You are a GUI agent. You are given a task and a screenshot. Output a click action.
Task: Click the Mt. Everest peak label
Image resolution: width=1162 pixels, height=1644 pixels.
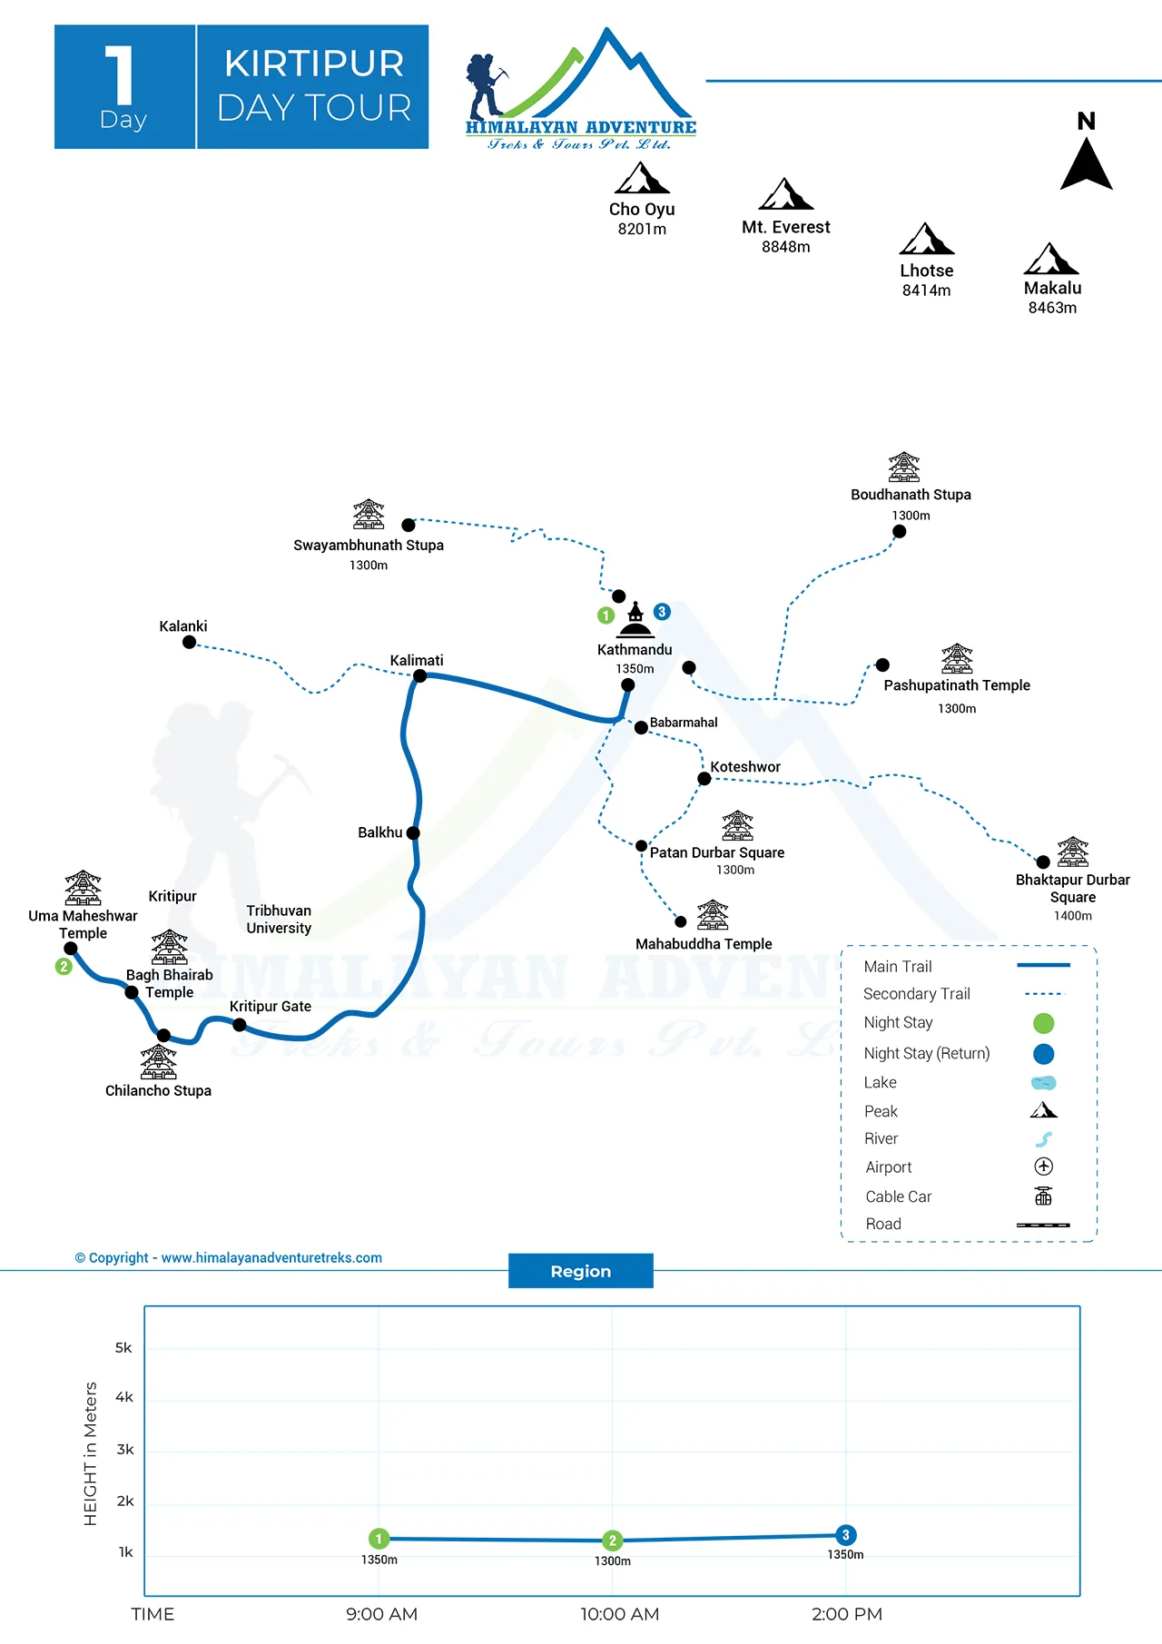click(x=785, y=227)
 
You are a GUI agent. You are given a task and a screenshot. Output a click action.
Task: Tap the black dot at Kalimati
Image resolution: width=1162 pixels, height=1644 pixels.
click(x=419, y=675)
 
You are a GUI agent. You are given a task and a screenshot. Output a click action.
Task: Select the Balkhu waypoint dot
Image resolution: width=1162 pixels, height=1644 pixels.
click(x=413, y=832)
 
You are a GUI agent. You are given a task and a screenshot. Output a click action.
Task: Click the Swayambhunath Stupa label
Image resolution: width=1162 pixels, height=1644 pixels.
click(x=368, y=545)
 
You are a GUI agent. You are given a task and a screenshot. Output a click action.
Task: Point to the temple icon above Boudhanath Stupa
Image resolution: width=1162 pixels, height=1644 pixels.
click(x=903, y=468)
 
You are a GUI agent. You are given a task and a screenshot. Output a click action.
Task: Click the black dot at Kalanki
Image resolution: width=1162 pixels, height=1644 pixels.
click(x=189, y=642)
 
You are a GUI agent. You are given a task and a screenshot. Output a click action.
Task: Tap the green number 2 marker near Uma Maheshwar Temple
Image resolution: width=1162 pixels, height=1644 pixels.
click(x=64, y=966)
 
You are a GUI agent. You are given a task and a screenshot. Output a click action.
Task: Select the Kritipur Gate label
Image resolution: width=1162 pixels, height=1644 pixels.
click(x=271, y=1006)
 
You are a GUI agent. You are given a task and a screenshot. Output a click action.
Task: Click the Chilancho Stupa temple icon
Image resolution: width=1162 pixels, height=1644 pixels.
click(x=159, y=1061)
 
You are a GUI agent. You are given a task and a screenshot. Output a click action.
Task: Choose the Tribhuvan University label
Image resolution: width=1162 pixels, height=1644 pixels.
click(x=279, y=919)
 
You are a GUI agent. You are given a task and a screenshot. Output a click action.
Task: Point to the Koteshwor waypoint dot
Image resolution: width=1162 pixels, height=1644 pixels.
click(x=704, y=778)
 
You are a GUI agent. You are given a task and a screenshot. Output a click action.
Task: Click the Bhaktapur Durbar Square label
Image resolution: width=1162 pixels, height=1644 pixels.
click(x=1072, y=888)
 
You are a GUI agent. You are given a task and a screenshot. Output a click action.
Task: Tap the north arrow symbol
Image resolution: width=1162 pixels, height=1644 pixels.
click(x=1086, y=163)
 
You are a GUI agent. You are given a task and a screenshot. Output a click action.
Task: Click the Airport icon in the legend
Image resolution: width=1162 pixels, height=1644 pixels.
click(x=1043, y=1167)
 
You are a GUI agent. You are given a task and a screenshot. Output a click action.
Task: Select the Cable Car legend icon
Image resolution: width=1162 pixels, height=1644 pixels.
click(x=1043, y=1196)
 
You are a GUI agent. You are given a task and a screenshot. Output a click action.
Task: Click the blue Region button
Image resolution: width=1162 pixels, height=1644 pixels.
click(x=580, y=1271)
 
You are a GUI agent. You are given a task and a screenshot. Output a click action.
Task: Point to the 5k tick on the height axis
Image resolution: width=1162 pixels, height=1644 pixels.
click(x=123, y=1347)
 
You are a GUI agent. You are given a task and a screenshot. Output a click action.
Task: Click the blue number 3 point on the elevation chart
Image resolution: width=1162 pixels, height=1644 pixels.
click(x=845, y=1535)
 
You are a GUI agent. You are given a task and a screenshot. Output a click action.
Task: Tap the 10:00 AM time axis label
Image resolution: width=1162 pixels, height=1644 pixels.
click(x=620, y=1614)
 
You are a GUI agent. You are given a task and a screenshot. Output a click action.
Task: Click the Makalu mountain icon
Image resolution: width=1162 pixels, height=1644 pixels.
click(x=1051, y=259)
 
